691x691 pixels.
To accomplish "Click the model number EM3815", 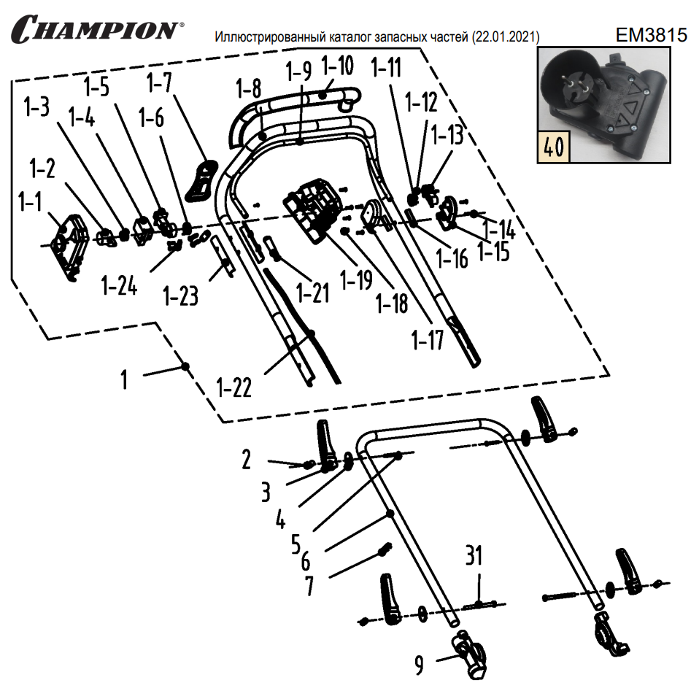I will click(651, 34).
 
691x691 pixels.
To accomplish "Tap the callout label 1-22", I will click(234, 387).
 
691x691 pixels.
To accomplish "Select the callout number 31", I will click(474, 557).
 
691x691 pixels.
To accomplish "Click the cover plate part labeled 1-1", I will click(72, 241).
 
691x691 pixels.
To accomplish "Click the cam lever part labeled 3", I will click(324, 447).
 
